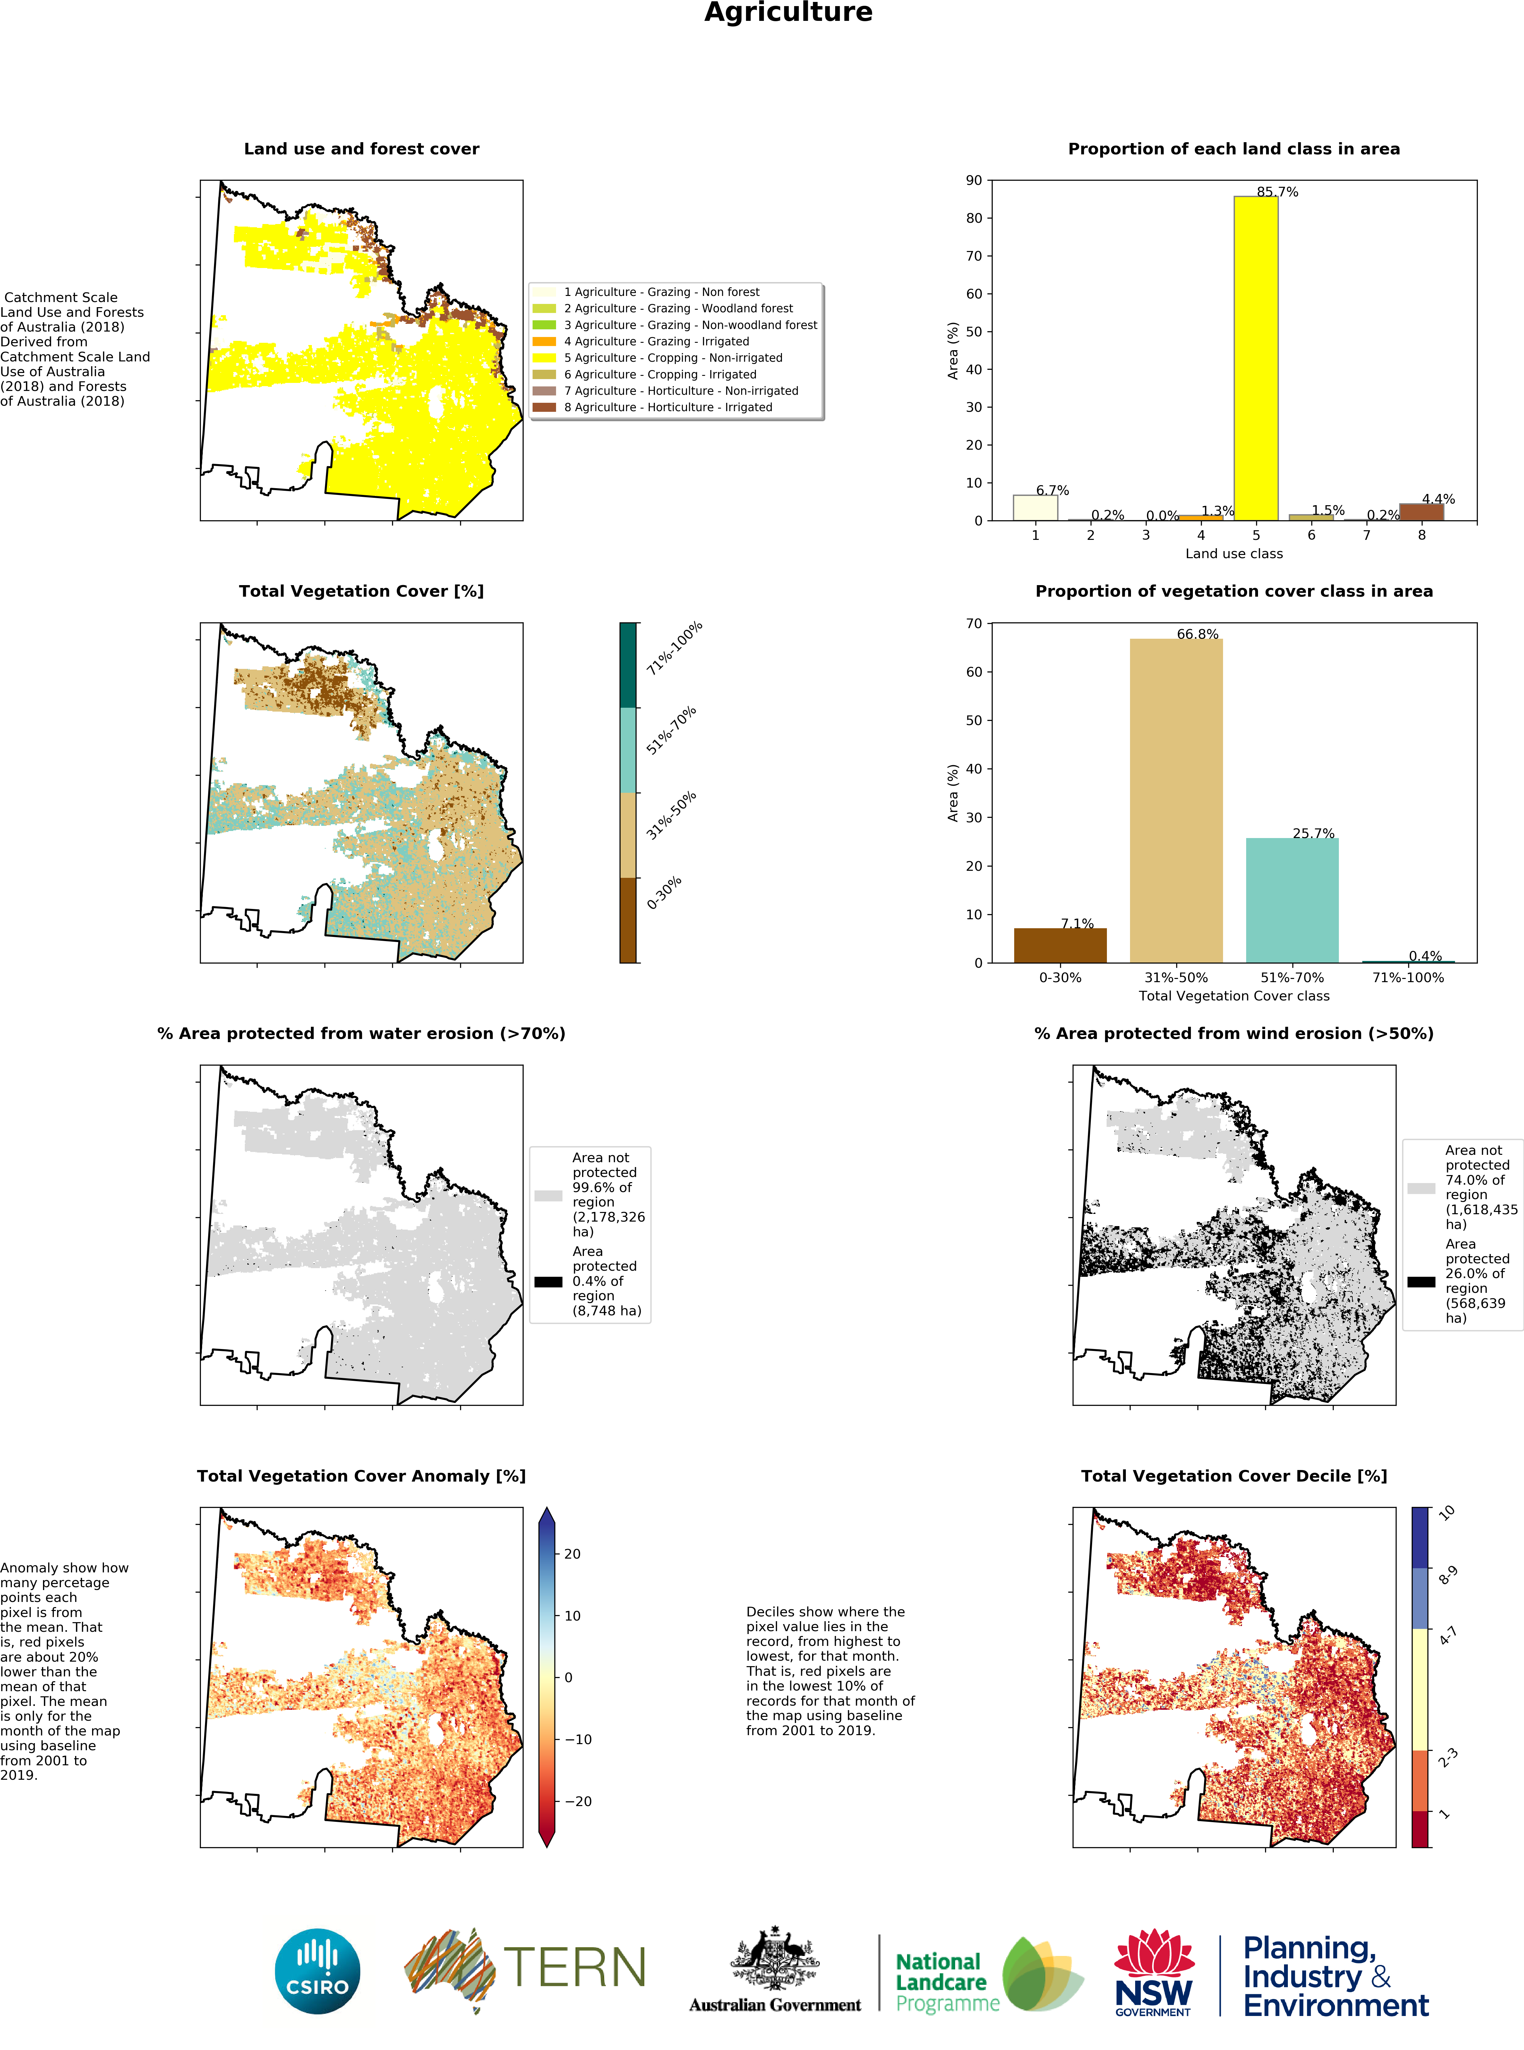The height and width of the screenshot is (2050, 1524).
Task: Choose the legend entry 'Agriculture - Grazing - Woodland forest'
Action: [x=678, y=308]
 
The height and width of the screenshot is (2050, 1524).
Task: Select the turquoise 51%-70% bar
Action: [x=1291, y=900]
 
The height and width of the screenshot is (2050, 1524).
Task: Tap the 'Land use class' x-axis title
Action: [x=1233, y=554]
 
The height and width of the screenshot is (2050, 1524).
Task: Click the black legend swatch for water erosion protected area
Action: [x=548, y=1282]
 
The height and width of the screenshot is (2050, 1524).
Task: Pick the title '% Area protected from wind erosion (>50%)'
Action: [x=1233, y=1033]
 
